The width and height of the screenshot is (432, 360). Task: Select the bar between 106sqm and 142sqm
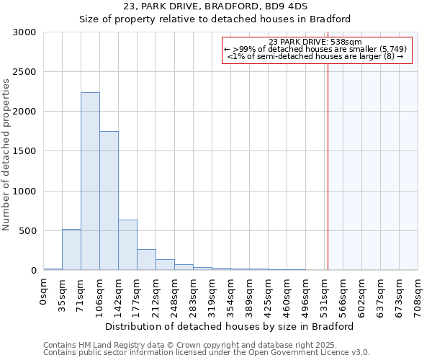[x=109, y=201]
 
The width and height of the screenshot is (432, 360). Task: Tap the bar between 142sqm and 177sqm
[x=127, y=245]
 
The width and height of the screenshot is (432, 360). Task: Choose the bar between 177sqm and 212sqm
[x=146, y=260]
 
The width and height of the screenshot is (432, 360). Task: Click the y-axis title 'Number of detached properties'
[x=6, y=156]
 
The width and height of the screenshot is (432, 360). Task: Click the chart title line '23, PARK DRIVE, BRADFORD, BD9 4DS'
[x=216, y=6]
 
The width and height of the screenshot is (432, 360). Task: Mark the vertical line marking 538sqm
[x=328, y=166]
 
